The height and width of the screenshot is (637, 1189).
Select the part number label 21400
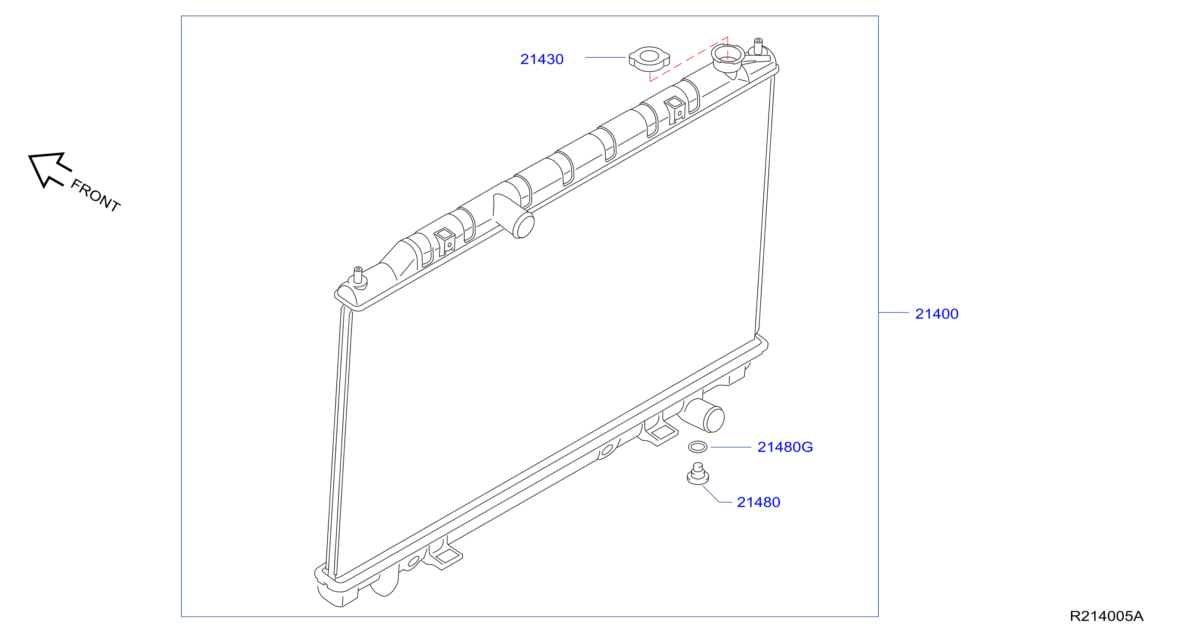pos(936,314)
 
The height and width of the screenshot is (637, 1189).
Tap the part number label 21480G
pos(785,447)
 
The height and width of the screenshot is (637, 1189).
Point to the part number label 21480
pos(758,502)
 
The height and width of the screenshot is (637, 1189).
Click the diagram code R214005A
pos(1107,616)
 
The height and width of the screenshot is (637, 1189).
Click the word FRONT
pos(95,195)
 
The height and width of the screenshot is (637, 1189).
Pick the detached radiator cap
pos(649,58)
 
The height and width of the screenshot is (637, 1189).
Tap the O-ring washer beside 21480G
pos(698,446)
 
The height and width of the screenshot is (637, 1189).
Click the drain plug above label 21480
pos(698,474)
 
